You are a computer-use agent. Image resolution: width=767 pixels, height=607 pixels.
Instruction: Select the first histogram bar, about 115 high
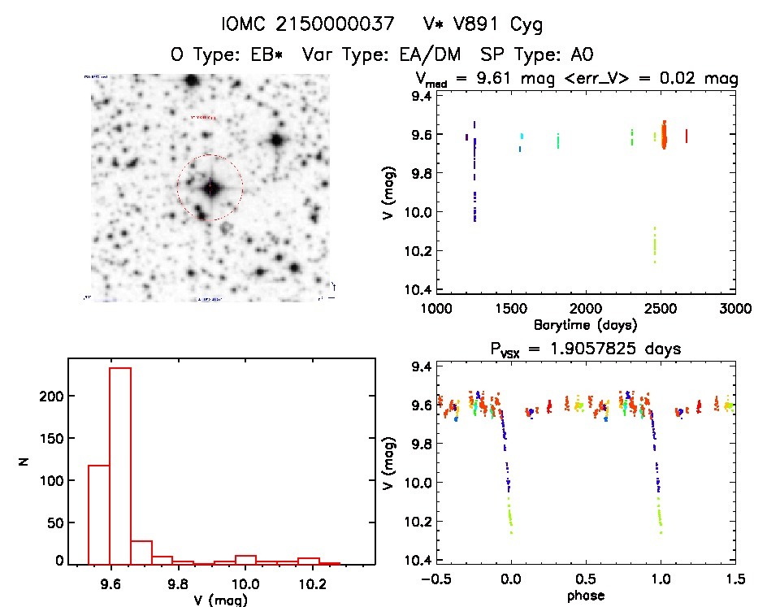98,514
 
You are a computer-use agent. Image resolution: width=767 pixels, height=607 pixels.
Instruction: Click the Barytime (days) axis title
586,324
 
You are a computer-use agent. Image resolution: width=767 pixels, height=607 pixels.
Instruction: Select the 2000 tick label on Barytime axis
586,309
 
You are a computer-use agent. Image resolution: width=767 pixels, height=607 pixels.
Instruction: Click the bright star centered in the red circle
210,188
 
